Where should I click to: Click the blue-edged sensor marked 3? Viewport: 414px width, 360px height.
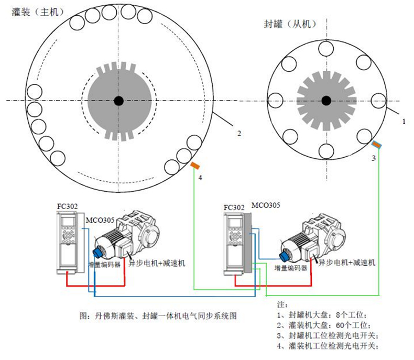tap(376, 144)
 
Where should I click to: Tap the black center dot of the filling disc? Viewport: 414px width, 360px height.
tap(119, 101)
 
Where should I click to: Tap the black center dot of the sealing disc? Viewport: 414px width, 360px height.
tap(326, 100)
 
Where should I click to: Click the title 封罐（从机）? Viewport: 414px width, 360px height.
tap(291, 24)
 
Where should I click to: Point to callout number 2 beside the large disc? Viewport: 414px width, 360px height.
tap(238, 134)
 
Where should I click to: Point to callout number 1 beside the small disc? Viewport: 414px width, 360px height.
tap(404, 121)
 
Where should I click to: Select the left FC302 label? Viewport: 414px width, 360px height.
tap(67, 206)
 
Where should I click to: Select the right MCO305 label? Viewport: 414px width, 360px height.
tap(266, 204)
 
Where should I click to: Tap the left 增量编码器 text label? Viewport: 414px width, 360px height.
tap(105, 265)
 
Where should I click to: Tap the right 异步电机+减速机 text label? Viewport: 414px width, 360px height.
tap(347, 263)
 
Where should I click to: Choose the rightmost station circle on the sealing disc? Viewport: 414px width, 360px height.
tap(378, 100)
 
